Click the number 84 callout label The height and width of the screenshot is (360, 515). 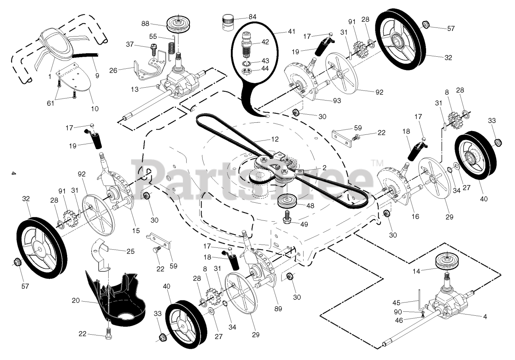[x=252, y=17]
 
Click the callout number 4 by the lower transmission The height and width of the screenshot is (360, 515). [x=484, y=317]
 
